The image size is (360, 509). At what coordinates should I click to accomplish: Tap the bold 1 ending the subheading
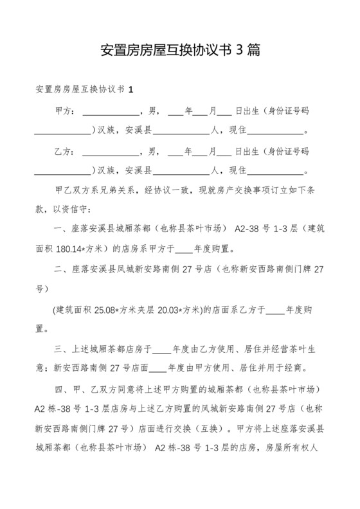click(x=132, y=89)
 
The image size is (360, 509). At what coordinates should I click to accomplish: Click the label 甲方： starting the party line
click(x=66, y=111)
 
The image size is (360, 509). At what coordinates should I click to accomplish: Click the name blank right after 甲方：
click(x=111, y=112)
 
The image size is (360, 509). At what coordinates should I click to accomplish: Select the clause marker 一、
click(x=64, y=229)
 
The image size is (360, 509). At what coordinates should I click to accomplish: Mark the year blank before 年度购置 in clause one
click(x=183, y=249)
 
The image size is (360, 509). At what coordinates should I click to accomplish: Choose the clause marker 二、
click(x=64, y=270)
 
